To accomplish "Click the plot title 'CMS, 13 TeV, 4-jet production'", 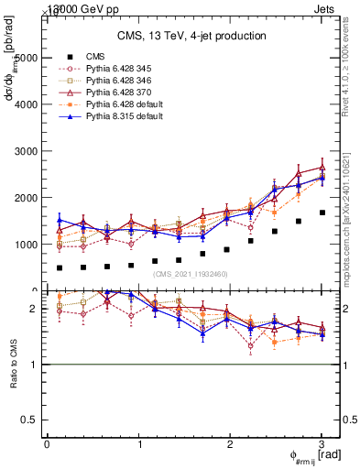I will (x=191, y=36).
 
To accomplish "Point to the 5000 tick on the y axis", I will (x=27, y=58).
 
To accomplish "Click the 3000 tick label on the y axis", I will (x=27, y=151).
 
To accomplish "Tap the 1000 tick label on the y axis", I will (x=27, y=245).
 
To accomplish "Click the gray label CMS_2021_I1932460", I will (x=191, y=274).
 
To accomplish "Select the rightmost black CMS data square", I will (x=322, y=213).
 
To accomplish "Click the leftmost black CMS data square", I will (x=60, y=268).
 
